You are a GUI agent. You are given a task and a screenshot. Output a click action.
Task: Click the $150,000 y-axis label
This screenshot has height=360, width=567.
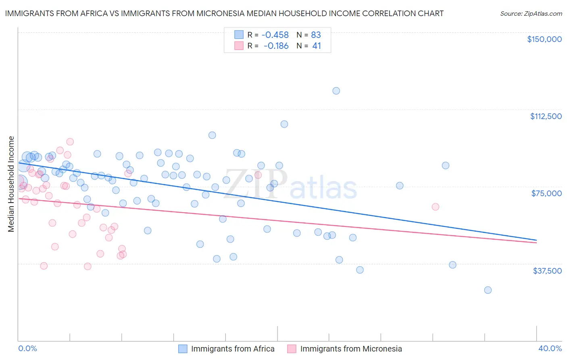pos(544,39)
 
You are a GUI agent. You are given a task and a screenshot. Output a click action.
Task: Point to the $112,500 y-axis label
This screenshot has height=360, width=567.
pos(546,116)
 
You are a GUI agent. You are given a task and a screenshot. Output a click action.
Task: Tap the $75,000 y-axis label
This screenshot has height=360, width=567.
pos(546,193)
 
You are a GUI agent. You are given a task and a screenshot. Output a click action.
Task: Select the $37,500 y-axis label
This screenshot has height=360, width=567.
pos(547,271)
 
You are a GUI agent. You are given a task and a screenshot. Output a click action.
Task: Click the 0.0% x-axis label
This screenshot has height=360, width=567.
pos(27,348)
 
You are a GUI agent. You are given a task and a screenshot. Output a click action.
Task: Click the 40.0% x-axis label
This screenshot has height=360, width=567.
pos(550,348)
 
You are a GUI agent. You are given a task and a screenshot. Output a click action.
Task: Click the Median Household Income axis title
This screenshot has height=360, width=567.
pos(11,184)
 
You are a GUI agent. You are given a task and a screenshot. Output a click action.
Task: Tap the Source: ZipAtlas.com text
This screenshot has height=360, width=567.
pos(531,14)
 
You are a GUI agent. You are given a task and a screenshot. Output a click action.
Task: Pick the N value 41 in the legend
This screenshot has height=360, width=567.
pos(317,46)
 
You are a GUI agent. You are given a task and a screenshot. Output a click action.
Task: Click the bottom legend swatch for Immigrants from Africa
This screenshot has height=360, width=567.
pos(183,349)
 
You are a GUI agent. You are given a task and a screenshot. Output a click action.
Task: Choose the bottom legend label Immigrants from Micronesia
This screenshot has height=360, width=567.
pos(351,349)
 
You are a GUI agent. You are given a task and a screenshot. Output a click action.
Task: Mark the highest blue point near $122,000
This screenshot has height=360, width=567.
pos(336,91)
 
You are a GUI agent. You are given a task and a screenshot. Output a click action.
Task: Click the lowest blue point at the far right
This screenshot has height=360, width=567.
pos(488,290)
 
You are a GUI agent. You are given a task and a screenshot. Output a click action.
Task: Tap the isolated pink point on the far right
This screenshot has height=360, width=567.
pos(435,207)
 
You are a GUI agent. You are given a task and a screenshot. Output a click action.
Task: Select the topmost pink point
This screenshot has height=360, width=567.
pos(70,142)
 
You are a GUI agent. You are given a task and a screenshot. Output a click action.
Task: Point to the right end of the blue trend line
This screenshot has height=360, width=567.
pos(536,240)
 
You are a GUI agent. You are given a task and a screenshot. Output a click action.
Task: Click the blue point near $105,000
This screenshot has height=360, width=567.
pos(284,124)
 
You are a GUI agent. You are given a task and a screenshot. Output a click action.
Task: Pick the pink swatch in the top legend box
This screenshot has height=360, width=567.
pos(239,46)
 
